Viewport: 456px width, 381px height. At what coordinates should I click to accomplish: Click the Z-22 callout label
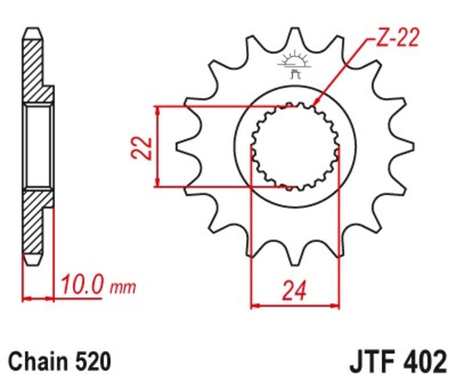[x=398, y=38]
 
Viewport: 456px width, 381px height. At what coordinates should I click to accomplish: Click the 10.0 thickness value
[x=81, y=283]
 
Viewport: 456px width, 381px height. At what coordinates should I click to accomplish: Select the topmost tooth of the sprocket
[x=296, y=37]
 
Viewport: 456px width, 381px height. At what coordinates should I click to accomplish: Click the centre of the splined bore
[x=295, y=147]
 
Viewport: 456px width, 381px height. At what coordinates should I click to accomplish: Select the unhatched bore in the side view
[x=39, y=147]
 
